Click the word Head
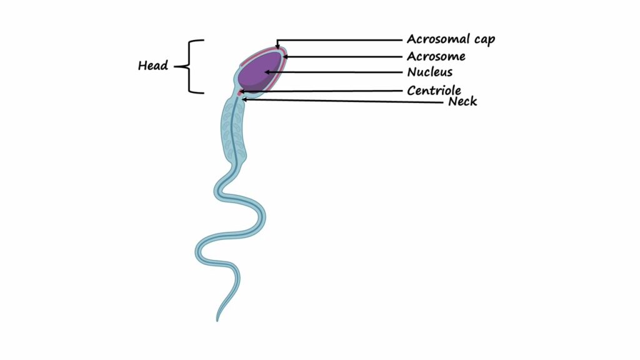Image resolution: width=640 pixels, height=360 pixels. (x=152, y=65)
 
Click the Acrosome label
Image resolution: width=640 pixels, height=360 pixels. (x=436, y=56)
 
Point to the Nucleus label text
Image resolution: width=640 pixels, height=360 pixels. (x=430, y=72)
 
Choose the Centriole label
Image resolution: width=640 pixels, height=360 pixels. (x=434, y=90)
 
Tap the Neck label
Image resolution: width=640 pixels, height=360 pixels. (x=462, y=101)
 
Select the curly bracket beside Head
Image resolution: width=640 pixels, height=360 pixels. (x=189, y=66)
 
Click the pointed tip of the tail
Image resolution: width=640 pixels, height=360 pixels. (x=217, y=321)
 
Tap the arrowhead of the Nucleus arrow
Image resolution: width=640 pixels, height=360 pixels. (x=267, y=72)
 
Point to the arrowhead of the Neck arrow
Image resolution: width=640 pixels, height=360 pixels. (x=244, y=99)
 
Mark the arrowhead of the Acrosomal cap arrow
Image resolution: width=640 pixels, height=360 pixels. (x=277, y=47)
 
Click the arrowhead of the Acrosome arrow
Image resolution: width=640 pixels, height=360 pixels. (x=285, y=57)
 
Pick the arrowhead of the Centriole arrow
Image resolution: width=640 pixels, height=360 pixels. (x=242, y=91)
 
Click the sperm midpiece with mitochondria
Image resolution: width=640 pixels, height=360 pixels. (x=233, y=131)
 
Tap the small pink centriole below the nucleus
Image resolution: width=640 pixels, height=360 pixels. (x=240, y=92)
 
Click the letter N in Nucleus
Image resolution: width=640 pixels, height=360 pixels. (x=411, y=72)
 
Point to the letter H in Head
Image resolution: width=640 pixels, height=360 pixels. (x=142, y=66)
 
